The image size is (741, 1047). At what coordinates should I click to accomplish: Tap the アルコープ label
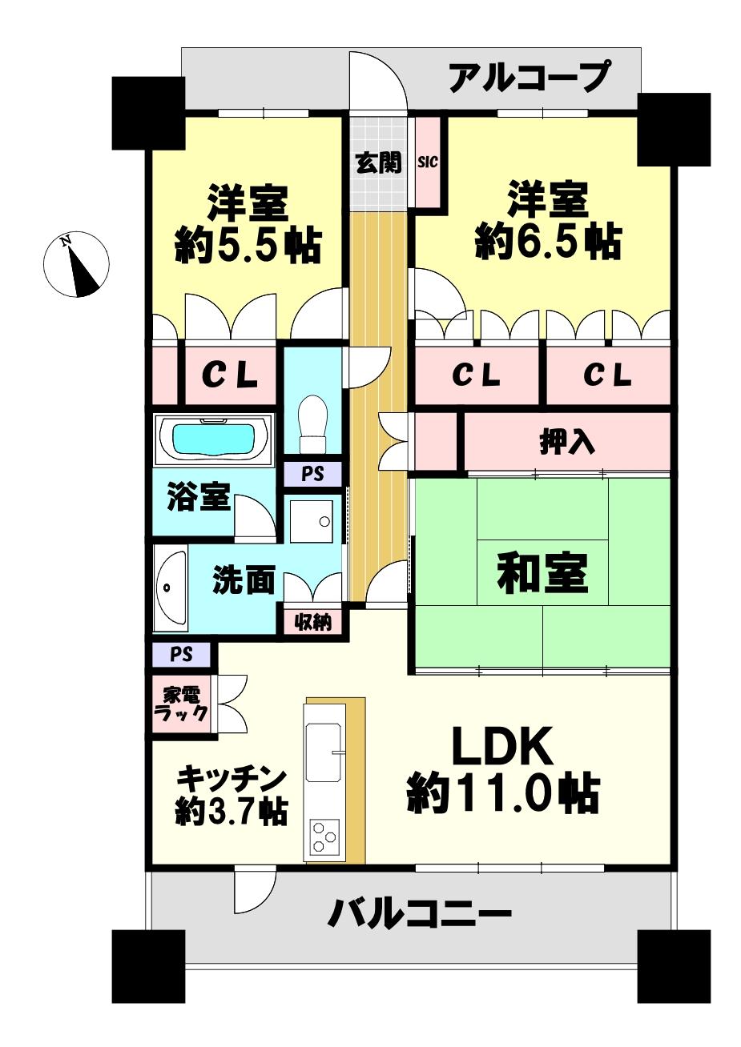tap(529, 77)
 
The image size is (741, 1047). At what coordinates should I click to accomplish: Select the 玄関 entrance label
tap(378, 163)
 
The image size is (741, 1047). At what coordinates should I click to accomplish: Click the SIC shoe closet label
tap(427, 162)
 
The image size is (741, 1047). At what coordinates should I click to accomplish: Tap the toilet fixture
tap(312, 423)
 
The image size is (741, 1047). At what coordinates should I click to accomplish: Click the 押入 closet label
tap(566, 442)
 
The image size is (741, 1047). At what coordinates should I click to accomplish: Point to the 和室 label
tap(542, 573)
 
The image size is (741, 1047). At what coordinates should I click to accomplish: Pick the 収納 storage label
tap(312, 620)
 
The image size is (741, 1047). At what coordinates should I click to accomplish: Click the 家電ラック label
tap(181, 704)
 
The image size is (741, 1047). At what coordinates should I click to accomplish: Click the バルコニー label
tap(419, 913)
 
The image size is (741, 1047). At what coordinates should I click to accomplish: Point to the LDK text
tap(502, 747)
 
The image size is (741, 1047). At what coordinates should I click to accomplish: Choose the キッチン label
tap(231, 777)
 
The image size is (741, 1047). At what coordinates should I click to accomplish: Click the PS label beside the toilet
tap(312, 474)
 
